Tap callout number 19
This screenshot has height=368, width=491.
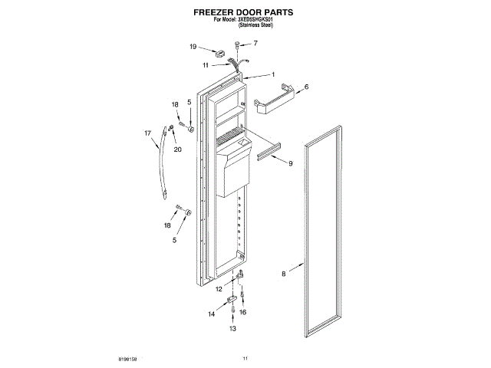click(x=193, y=47)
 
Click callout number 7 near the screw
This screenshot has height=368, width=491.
click(x=255, y=43)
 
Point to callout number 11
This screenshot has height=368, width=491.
click(x=206, y=65)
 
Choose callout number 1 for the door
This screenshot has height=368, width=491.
click(x=273, y=74)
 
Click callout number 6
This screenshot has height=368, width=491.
click(x=306, y=87)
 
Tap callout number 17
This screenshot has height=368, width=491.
click(x=148, y=133)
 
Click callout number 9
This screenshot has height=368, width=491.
click(x=291, y=163)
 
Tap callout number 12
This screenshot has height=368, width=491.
click(x=219, y=288)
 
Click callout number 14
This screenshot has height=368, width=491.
click(x=211, y=314)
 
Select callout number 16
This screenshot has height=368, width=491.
click(x=243, y=313)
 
